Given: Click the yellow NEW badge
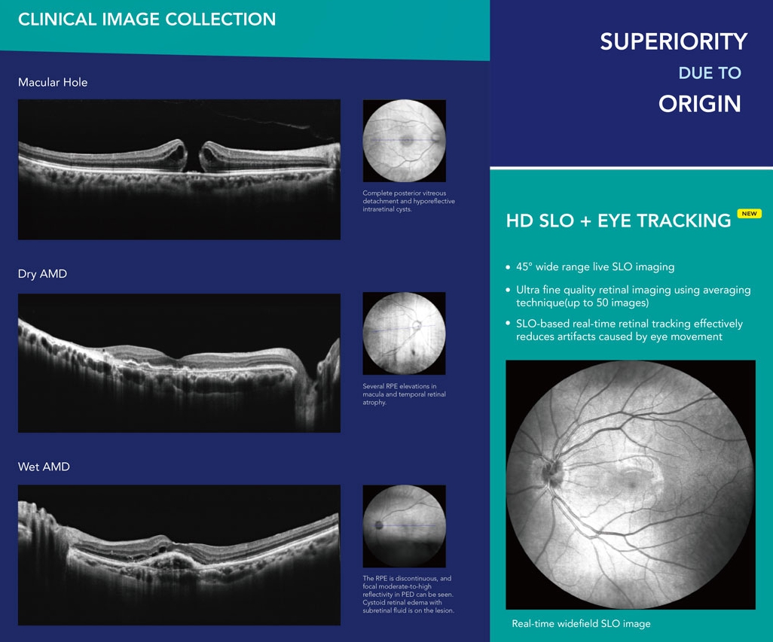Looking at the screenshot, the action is [750, 214].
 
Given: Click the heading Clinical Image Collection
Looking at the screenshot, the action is [147, 20].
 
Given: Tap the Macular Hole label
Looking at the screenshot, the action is [53, 82].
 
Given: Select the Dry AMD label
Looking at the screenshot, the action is [42, 274].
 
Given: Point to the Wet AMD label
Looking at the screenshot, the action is [44, 467].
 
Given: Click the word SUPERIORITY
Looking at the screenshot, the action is [674, 41].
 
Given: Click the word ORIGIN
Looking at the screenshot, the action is [700, 104].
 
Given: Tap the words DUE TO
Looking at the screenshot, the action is [710, 73].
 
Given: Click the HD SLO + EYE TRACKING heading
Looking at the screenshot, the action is [619, 221].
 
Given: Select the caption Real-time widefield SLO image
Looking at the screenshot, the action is [581, 624].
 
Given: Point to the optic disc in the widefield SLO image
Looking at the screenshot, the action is [551, 470].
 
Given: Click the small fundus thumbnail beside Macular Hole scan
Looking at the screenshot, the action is [405, 141].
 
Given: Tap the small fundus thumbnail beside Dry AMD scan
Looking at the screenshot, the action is [405, 333].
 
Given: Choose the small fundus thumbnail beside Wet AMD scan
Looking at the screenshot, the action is [405, 526].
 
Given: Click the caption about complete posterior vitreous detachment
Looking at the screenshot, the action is [408, 202].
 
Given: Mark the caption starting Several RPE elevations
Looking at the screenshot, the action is [405, 394].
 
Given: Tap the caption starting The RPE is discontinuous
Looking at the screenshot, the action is [408, 595].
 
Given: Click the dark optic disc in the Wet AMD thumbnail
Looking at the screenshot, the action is [379, 525].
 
